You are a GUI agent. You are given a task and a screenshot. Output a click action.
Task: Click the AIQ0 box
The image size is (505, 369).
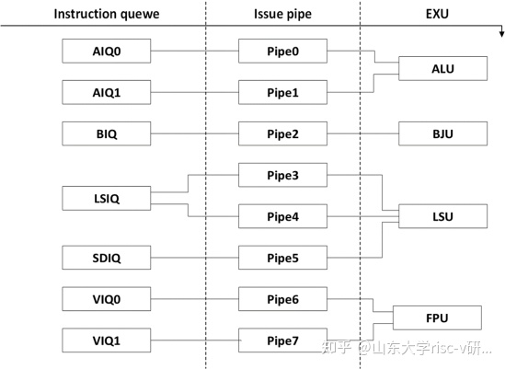coord(106,51)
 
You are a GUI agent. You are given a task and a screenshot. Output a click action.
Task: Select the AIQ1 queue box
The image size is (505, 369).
coord(106,92)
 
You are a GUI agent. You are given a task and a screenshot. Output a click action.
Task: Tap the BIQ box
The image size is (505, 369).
coord(106,134)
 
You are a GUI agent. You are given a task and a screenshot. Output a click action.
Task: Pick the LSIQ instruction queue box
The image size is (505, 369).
coord(106,197)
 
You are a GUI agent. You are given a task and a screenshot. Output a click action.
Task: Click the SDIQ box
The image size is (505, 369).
coord(106,258)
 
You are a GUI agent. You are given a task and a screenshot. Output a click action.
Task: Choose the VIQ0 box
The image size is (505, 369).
coord(106,299)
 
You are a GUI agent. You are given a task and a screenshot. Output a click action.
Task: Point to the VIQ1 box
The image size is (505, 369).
coord(106,340)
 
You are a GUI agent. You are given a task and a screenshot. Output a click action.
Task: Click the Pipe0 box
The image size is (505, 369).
coord(282,51)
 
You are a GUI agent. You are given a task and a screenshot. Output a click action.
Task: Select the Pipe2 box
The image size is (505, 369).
coord(282,134)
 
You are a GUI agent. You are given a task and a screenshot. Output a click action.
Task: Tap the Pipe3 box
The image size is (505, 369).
coord(282,175)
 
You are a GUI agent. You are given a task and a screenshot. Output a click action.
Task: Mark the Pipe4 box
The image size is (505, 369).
coord(282,217)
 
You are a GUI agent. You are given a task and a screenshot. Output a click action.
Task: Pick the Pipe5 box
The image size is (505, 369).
coord(282,258)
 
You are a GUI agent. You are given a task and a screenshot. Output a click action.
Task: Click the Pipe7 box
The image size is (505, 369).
coord(282,340)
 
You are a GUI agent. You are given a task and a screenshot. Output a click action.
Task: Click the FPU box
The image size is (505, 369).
coord(437,318)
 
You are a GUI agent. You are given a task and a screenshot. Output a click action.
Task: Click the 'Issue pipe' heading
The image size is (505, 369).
coord(281,14)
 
